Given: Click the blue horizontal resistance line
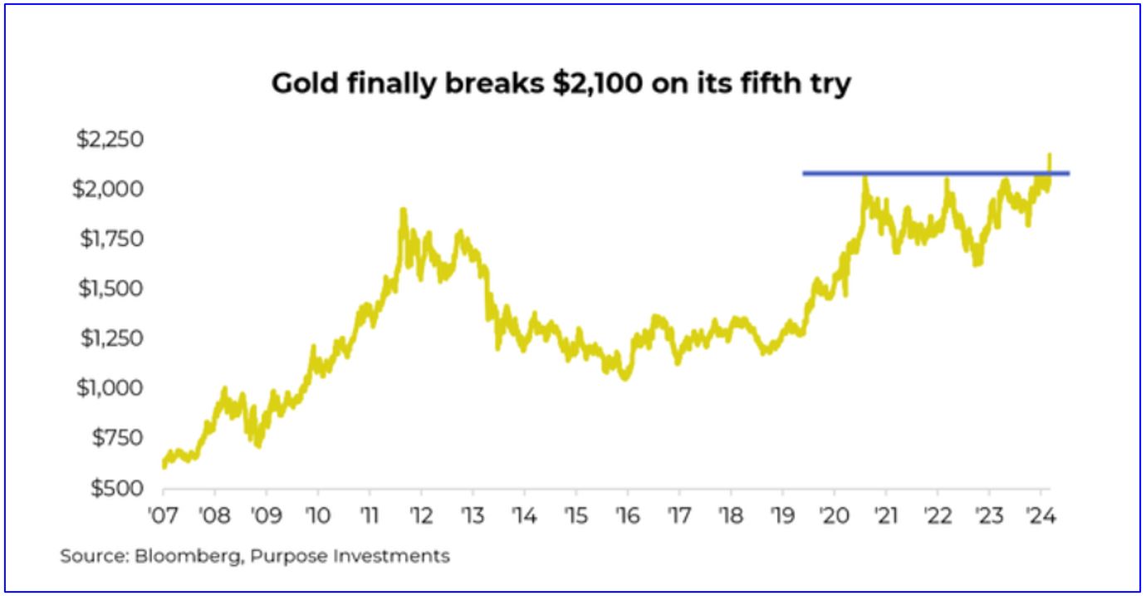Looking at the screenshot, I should point(930,173).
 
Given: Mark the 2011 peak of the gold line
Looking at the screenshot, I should point(403,210).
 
